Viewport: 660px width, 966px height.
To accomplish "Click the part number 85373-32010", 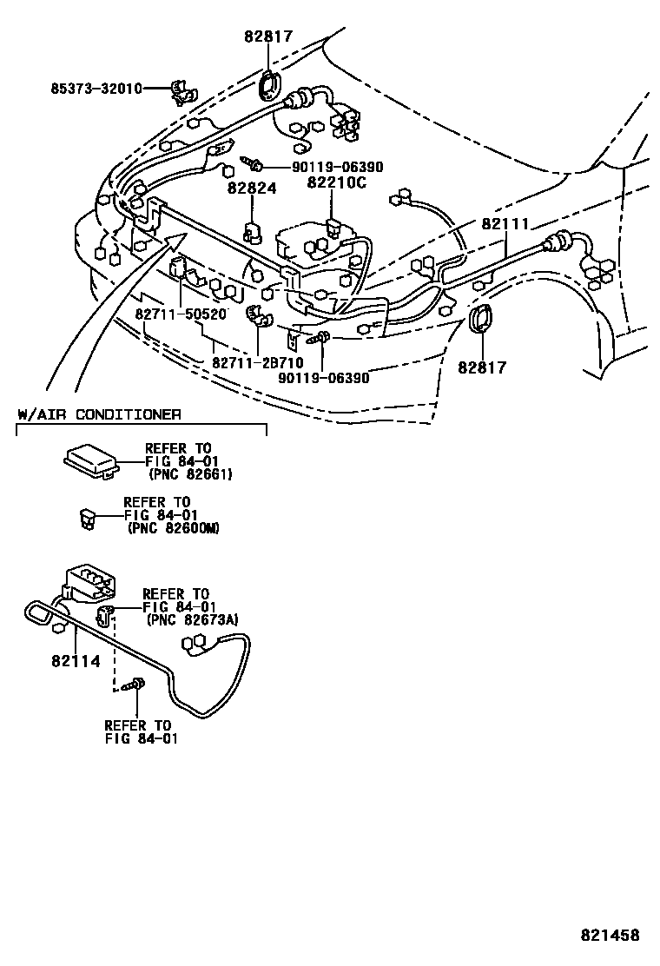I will pyautogui.click(x=95, y=88).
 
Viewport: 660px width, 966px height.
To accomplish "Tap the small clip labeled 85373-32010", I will pyautogui.click(x=182, y=89).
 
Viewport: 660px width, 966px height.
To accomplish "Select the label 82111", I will pyautogui.click(x=505, y=223).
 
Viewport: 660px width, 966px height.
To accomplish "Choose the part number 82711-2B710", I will pyautogui.click(x=253, y=361).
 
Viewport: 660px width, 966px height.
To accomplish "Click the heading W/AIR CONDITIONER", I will pyautogui.click(x=99, y=414).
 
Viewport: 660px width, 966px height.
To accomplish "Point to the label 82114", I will pyautogui.click(x=76, y=661).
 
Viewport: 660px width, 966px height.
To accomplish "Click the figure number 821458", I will pyautogui.click(x=610, y=936).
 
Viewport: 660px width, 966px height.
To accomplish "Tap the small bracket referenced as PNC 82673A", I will pyautogui.click(x=106, y=617).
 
